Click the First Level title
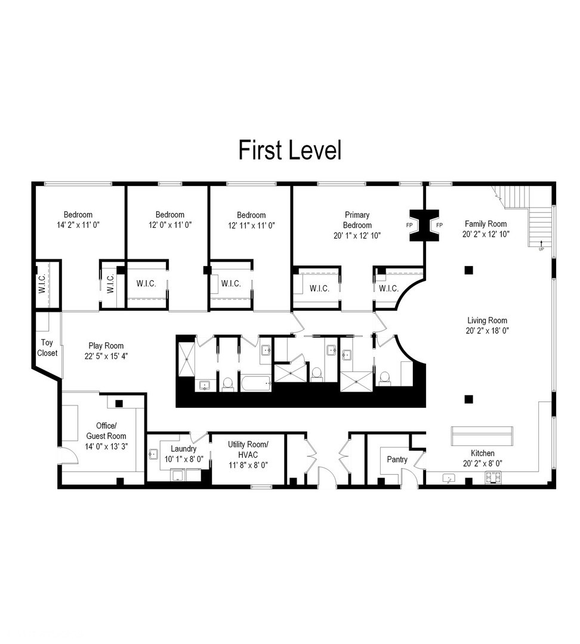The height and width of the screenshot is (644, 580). (x=290, y=150)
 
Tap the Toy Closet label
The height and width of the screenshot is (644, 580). (x=48, y=348)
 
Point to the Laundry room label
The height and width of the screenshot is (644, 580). (x=183, y=448)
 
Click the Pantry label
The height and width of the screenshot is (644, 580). (x=397, y=459)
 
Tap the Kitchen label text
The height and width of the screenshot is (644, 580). (x=482, y=453)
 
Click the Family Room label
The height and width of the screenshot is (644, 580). (x=486, y=224)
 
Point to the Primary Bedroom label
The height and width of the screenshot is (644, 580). (x=357, y=220)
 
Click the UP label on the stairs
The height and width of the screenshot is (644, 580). (x=541, y=249)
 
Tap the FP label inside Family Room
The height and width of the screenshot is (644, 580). (x=439, y=225)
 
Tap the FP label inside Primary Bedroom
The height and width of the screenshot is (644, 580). (x=409, y=225)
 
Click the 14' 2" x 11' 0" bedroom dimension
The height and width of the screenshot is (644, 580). (x=78, y=225)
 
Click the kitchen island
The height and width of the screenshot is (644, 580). (x=482, y=436)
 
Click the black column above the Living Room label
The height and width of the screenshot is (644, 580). (x=468, y=270)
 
